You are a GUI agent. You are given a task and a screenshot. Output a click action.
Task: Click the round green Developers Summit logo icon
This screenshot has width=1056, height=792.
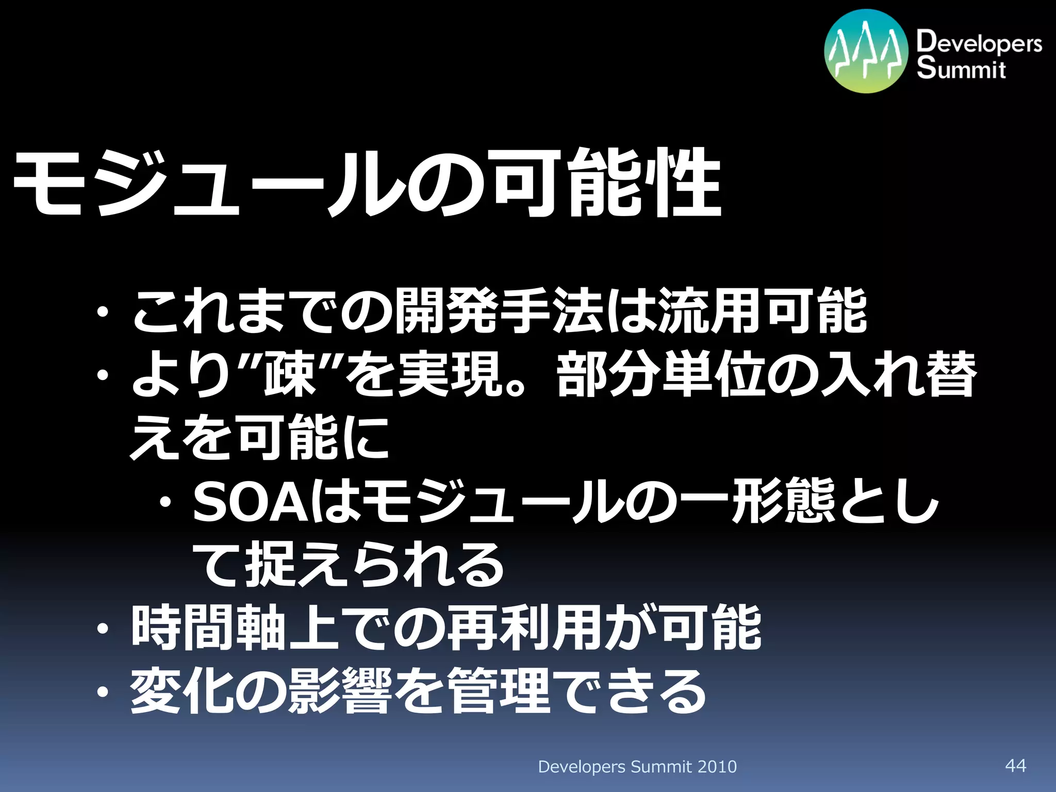point(866,51)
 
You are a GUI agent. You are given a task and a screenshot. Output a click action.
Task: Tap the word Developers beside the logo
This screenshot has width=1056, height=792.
point(979,42)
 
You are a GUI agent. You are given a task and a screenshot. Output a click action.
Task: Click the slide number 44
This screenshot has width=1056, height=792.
point(1015,765)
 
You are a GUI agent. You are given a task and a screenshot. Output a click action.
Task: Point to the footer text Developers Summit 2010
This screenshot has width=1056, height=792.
point(637,767)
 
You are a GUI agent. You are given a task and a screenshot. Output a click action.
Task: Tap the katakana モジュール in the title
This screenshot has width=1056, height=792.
point(206,185)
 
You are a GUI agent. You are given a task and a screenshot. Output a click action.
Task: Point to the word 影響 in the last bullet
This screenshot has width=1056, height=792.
point(341,691)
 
